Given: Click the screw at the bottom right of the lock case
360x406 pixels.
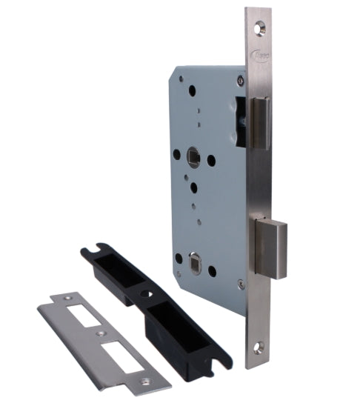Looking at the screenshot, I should pyautogui.click(x=239, y=284).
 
